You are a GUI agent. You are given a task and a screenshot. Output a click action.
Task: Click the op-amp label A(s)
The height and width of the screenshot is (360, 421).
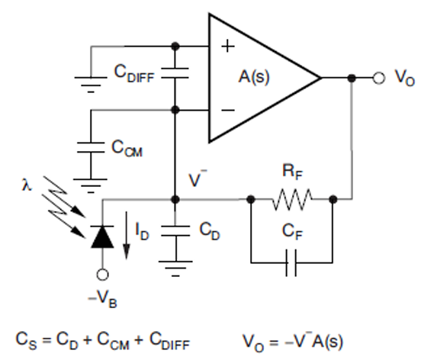[254, 77]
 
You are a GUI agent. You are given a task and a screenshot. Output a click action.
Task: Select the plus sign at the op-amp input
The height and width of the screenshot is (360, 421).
[228, 46]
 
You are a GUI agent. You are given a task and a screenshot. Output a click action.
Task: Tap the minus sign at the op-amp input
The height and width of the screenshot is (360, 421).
[228, 110]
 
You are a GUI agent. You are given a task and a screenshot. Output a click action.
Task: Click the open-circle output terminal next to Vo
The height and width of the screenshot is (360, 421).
[379, 78]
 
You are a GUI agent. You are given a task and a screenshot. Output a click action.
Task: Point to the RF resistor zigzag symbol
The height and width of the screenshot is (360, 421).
[292, 199]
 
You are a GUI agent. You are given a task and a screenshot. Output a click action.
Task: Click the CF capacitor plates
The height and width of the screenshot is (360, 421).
[291, 262]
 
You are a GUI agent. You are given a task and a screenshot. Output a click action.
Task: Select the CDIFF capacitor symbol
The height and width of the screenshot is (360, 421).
[175, 73]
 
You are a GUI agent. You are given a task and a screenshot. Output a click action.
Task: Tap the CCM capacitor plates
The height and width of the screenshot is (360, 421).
[91, 147]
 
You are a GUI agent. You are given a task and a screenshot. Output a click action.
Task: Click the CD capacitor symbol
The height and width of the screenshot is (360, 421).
[175, 231]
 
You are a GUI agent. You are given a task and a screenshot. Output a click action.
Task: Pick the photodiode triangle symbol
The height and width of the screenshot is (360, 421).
[102, 236]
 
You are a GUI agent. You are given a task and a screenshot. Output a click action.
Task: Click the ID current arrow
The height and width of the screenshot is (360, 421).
[127, 236]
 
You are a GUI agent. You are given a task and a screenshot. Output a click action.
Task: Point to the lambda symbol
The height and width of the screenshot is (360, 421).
[26, 185]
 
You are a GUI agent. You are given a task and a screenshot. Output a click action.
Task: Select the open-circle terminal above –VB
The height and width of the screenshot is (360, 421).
[102, 275]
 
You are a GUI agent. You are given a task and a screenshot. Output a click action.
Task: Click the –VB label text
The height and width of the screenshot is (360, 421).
[102, 299]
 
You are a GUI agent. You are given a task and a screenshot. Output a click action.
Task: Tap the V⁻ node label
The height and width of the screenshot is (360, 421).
[198, 178]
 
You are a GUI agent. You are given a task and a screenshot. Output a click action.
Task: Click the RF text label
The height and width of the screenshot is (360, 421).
[292, 172]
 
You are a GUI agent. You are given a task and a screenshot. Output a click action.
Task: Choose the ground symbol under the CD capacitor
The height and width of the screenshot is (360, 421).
[175, 268]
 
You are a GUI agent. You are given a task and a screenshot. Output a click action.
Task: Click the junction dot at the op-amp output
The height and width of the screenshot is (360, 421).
[352, 78]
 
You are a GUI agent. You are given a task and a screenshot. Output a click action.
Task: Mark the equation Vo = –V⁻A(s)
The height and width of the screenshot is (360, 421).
[293, 342]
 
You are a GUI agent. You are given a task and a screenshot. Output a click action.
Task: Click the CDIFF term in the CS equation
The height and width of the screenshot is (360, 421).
[169, 341]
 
